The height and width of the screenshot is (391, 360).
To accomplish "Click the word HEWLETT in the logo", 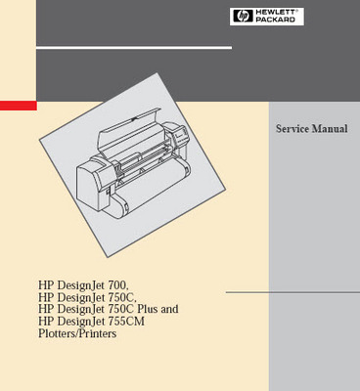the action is tap(266, 12).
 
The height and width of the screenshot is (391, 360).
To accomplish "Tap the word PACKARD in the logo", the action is tap(266, 20).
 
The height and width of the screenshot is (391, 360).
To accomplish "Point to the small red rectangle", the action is tap(18, 105).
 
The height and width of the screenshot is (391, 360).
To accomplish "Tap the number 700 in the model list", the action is tap(119, 285).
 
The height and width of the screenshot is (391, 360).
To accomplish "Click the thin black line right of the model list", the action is tap(292, 291).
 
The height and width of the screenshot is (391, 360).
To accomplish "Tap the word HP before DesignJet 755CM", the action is tap(46, 321).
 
